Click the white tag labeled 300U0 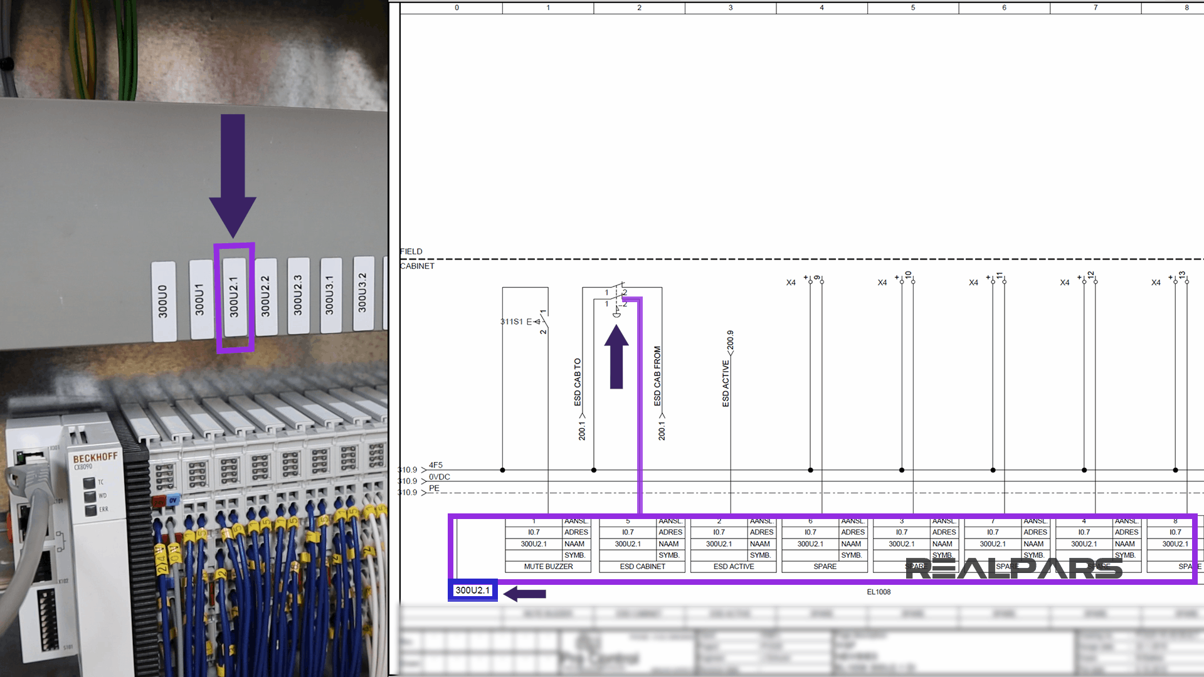163,302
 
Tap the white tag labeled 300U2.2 266,297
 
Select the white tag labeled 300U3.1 330,295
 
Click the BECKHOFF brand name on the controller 95,457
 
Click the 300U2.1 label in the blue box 472,590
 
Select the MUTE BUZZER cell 548,567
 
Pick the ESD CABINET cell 642,567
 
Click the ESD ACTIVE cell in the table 734,567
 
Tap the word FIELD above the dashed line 411,251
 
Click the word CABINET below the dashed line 418,266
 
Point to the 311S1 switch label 512,322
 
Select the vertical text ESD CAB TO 578,382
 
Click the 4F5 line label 436,465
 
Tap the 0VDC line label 439,477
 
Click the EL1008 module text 879,592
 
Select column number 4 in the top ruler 821,8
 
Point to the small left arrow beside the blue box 525,594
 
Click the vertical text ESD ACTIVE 726,384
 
